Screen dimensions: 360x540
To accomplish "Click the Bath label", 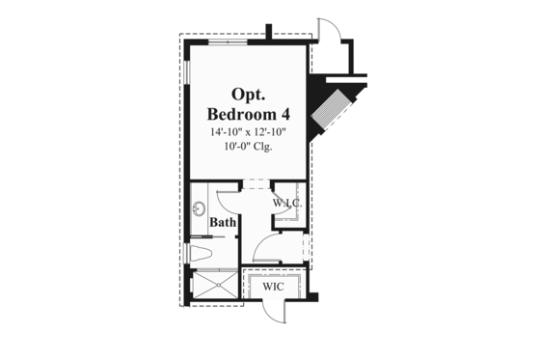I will click(224, 222).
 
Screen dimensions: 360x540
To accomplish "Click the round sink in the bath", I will click(200, 207).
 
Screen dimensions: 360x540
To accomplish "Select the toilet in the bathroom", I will click(199, 253).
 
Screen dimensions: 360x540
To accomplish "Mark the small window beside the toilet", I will click(187, 253).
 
